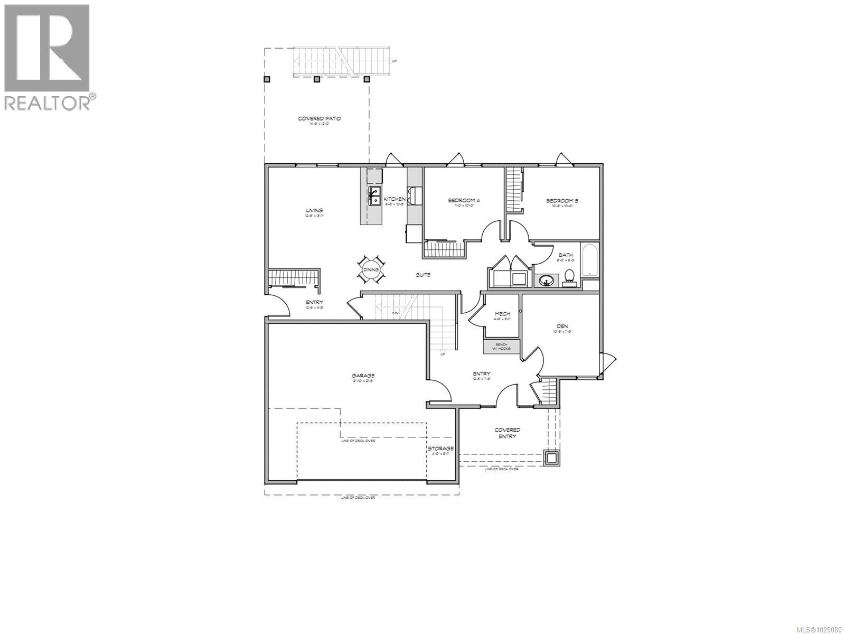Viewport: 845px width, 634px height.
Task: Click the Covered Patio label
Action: coord(319,119)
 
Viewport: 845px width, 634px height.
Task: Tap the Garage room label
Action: coord(363,376)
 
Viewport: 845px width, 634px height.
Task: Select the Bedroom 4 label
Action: coord(464,200)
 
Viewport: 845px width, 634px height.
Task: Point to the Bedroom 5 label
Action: coord(562,201)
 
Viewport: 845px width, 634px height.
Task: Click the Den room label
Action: coord(562,327)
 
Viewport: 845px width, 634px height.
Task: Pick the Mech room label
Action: coord(502,314)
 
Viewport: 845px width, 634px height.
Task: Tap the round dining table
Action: coord(371,270)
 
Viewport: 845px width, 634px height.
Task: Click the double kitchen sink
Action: coord(374,195)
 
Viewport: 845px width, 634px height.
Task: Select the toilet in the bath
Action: coord(569,276)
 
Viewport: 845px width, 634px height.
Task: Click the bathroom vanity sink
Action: coord(546,280)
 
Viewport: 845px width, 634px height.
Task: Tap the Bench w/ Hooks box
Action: coord(502,347)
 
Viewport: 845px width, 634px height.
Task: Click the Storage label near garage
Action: coord(440,449)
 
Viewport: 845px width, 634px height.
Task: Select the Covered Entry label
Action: coord(507,433)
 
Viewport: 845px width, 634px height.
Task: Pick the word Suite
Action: coord(422,275)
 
